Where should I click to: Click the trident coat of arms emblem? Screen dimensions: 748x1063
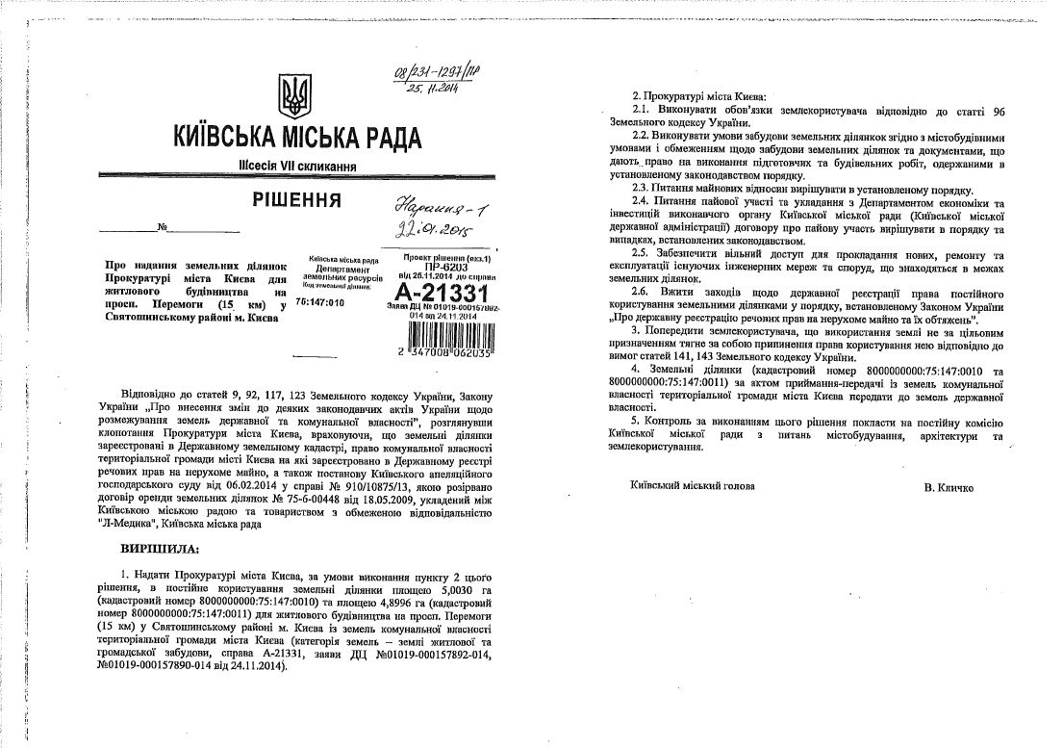[x=293, y=95]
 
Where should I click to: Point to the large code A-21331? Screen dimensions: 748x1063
[x=435, y=293]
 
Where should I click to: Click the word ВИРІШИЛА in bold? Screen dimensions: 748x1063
[x=157, y=549]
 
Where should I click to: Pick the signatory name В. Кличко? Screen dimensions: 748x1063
[x=949, y=488]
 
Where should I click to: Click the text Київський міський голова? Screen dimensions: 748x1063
[x=693, y=486]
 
